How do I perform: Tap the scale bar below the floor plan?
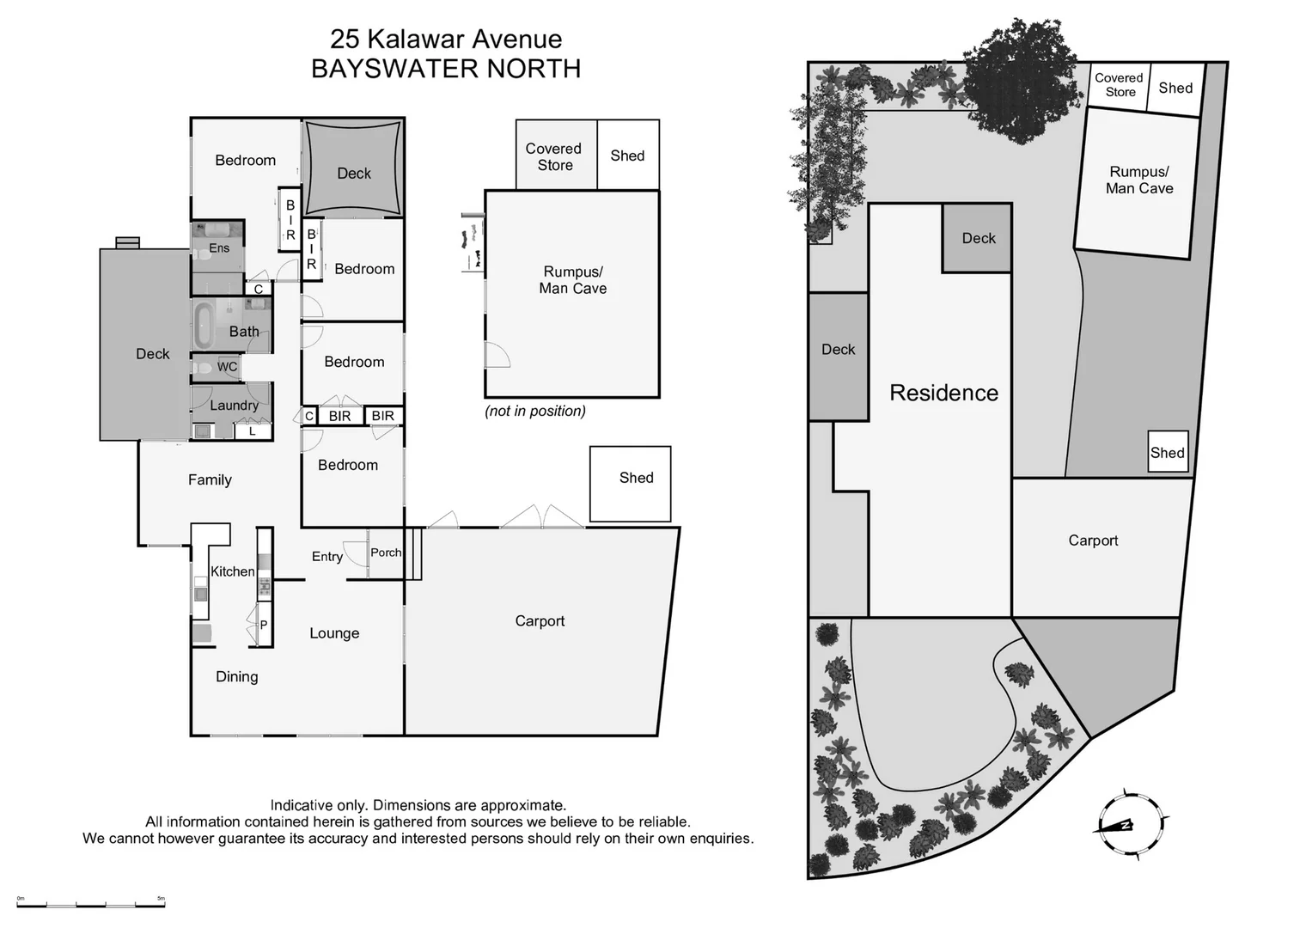tap(91, 903)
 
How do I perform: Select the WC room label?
tap(227, 367)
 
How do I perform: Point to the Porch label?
tap(386, 553)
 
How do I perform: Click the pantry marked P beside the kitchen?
tap(264, 625)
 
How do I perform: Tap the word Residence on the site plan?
tap(943, 393)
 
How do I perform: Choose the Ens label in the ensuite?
tap(219, 248)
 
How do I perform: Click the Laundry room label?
tap(234, 406)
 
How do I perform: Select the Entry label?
tap(327, 557)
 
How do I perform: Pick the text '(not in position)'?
tap(535, 411)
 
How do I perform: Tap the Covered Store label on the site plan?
tap(1119, 85)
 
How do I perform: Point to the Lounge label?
tap(334, 633)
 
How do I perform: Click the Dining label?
tap(236, 677)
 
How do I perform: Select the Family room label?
tap(210, 480)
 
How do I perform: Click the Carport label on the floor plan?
tap(540, 621)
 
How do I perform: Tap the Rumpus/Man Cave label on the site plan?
tap(1139, 180)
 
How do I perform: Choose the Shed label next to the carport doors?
tap(636, 478)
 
